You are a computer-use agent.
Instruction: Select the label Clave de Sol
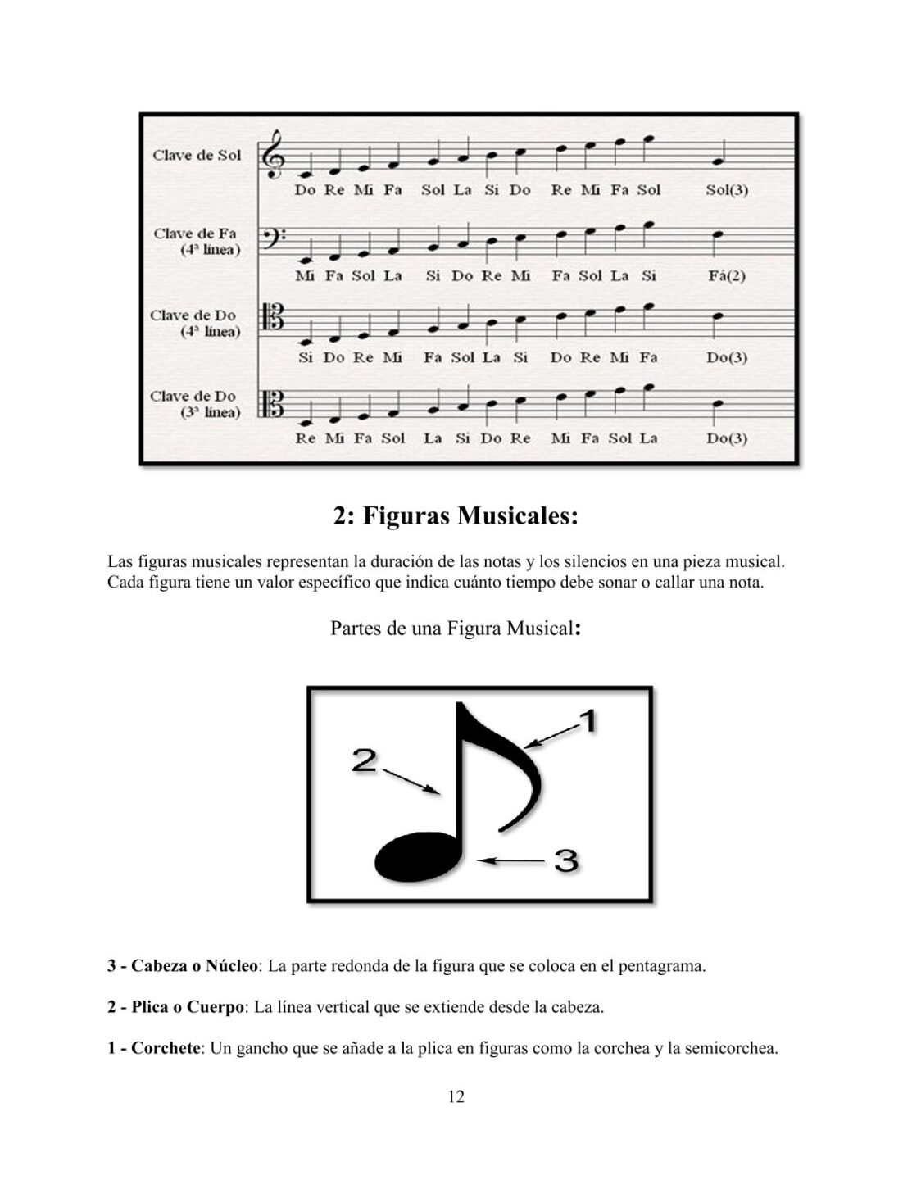pos(197,155)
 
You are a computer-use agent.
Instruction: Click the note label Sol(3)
pos(726,190)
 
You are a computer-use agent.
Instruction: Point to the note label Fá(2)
pos(726,275)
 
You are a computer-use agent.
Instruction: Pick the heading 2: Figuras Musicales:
pos(456,516)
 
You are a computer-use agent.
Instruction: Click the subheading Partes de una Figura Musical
pos(456,629)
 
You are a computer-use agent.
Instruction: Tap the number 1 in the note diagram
pos(587,722)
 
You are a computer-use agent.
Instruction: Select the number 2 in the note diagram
pos(364,760)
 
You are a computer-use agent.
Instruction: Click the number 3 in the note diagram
pos(566,860)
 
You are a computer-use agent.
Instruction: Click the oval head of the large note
pos(416,857)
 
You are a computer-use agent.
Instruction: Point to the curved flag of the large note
pos(512,762)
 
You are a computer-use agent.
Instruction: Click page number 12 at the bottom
pos(456,1097)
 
